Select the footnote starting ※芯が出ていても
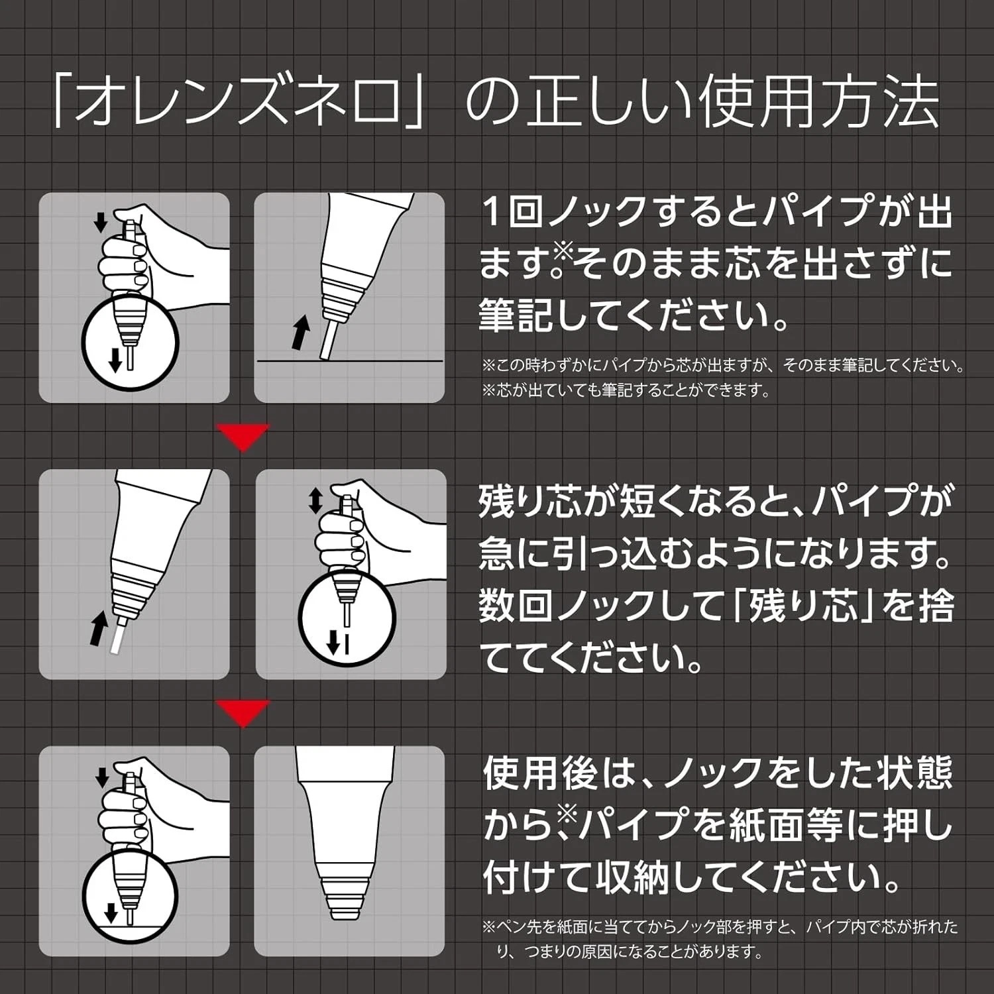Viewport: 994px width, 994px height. tap(626, 390)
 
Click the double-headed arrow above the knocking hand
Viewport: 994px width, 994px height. tap(315, 501)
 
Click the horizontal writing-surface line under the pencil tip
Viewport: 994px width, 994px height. tap(349, 360)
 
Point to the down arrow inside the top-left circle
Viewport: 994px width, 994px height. tap(116, 359)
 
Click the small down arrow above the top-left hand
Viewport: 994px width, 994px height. tap(100, 222)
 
